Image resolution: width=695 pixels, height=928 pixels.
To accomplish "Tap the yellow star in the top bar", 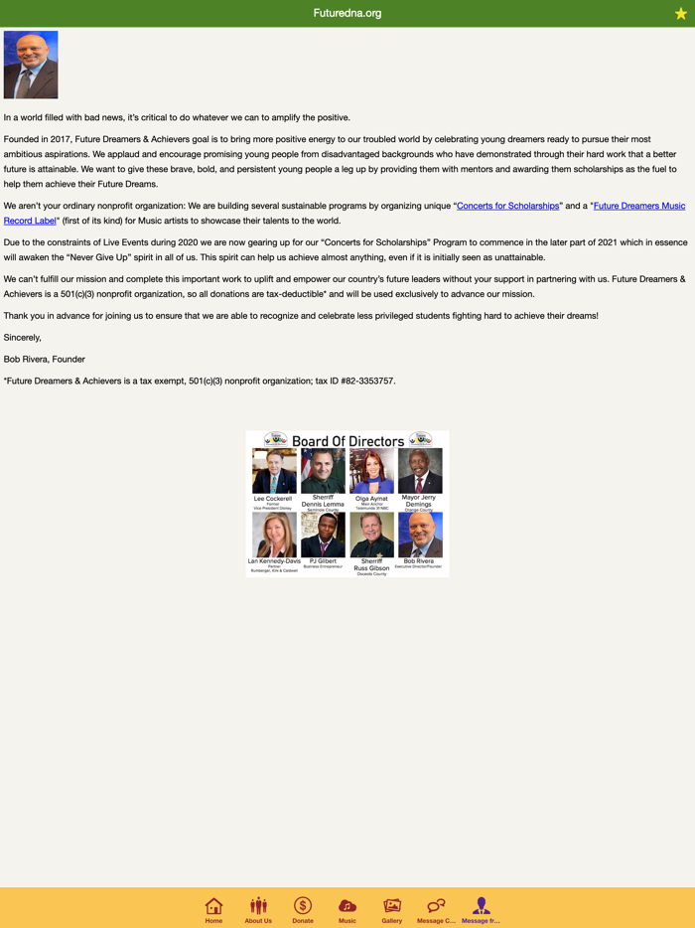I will pyautogui.click(x=681, y=14).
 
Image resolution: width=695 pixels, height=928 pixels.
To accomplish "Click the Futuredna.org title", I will pyautogui.click(x=347, y=13).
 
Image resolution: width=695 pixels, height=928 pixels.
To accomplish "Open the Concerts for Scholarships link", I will pyautogui.click(x=507, y=206).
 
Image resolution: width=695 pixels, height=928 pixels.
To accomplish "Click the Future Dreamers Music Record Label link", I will pyautogui.click(x=638, y=206).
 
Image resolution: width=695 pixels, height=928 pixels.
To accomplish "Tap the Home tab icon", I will pyautogui.click(x=213, y=906).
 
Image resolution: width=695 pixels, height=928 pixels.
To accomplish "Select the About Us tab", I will pyautogui.click(x=258, y=906).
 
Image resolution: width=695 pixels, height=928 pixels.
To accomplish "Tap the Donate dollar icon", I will pyautogui.click(x=303, y=906).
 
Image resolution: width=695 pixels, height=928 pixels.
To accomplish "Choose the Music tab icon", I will pyautogui.click(x=347, y=906).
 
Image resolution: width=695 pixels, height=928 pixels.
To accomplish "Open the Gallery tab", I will pyautogui.click(x=392, y=906).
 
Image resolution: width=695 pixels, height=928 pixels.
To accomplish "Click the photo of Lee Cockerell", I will pyautogui.click(x=274, y=471).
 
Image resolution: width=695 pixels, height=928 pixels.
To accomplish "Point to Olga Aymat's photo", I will pyautogui.click(x=371, y=471).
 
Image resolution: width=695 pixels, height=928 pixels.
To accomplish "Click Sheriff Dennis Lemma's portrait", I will pyautogui.click(x=323, y=471).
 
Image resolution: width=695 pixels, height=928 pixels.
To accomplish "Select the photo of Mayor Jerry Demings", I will pyautogui.click(x=420, y=471).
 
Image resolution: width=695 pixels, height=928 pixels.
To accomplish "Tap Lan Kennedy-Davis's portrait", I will pyautogui.click(x=274, y=535).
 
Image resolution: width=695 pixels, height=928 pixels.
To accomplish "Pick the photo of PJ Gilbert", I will pyautogui.click(x=323, y=535).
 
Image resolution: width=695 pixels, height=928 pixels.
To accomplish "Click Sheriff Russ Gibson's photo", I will pyautogui.click(x=371, y=535).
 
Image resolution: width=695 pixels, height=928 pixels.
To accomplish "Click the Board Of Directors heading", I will pyautogui.click(x=347, y=441).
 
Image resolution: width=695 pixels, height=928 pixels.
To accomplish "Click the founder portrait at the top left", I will pyautogui.click(x=31, y=65).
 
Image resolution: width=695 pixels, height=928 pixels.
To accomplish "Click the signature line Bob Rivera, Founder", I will pyautogui.click(x=45, y=359).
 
